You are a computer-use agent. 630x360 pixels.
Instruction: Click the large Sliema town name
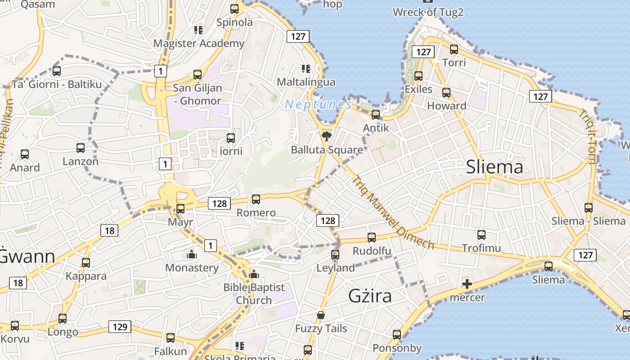[x=495, y=167]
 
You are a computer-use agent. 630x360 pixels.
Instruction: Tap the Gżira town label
[x=370, y=296]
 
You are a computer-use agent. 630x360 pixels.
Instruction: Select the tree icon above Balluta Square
[x=327, y=136]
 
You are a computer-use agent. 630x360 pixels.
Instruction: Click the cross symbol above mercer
[x=467, y=284]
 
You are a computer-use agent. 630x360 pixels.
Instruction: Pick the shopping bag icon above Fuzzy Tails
[x=321, y=315]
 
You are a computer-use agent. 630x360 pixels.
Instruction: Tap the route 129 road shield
[x=120, y=327]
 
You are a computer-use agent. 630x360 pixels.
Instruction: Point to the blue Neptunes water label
[x=318, y=105]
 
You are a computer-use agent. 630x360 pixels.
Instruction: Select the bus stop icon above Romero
[x=256, y=199]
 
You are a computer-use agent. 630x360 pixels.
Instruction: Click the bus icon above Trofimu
[x=481, y=234]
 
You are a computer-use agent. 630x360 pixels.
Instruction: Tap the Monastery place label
[x=192, y=268]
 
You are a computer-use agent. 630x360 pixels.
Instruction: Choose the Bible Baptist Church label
[x=254, y=293]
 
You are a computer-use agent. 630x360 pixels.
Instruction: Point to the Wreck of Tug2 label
[x=428, y=12]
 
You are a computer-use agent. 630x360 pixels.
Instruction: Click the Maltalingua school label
[x=306, y=82]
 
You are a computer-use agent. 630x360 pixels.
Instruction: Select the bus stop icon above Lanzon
[x=81, y=148]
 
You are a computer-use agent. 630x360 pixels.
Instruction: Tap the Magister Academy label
[x=199, y=44]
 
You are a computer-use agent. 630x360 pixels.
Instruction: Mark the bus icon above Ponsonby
[x=396, y=334]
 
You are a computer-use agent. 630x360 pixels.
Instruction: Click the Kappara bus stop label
[x=86, y=276]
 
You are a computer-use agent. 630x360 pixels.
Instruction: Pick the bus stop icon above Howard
[x=446, y=93]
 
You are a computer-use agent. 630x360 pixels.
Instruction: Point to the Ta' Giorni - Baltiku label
[x=57, y=84]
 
